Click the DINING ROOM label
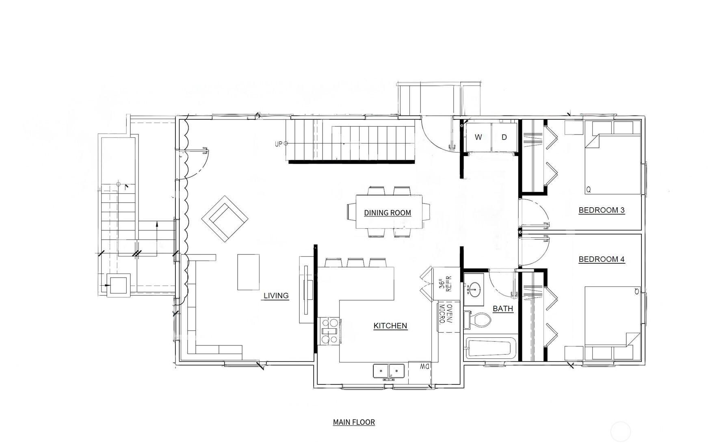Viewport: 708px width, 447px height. click(387, 213)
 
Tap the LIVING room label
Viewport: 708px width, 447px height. click(276, 295)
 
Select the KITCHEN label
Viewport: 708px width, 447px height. click(390, 325)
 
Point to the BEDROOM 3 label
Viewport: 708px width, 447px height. click(601, 210)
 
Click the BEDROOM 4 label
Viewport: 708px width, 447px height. click(601, 259)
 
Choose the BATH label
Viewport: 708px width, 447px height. click(502, 309)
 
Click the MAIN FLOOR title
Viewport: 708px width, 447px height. click(353, 422)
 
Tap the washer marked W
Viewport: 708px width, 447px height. click(478, 137)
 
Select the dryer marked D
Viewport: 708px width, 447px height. click(504, 137)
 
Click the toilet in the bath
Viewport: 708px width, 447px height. click(479, 320)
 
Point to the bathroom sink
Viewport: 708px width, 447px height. click(473, 289)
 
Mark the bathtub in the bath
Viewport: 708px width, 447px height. click(489, 348)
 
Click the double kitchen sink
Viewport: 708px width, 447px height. click(388, 371)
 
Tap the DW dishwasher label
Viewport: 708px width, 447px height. click(424, 367)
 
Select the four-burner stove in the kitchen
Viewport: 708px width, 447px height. click(329, 331)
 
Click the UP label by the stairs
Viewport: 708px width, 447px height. click(278, 144)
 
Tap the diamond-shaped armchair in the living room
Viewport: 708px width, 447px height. click(225, 219)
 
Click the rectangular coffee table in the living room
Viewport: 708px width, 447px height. click(248, 272)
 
